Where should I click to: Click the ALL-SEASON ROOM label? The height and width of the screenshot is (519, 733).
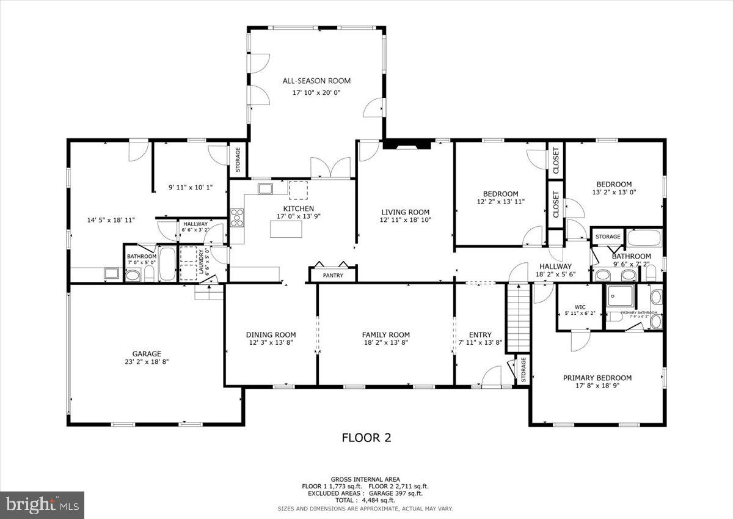(316, 81)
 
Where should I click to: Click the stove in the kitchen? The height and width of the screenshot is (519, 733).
(237, 218)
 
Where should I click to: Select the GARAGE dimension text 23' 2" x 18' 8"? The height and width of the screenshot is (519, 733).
(147, 361)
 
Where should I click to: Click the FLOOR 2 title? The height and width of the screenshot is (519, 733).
(366, 438)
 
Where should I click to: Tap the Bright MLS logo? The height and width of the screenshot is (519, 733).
(42, 504)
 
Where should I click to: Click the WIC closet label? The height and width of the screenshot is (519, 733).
(580, 307)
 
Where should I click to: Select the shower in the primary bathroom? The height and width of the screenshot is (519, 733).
(619, 298)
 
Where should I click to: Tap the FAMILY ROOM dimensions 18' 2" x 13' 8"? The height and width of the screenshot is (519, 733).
(385, 343)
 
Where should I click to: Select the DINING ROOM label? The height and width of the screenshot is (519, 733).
(271, 334)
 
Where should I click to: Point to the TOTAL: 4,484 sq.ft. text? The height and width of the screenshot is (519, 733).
(366, 500)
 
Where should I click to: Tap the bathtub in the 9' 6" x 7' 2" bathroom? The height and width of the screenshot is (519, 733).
(644, 238)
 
